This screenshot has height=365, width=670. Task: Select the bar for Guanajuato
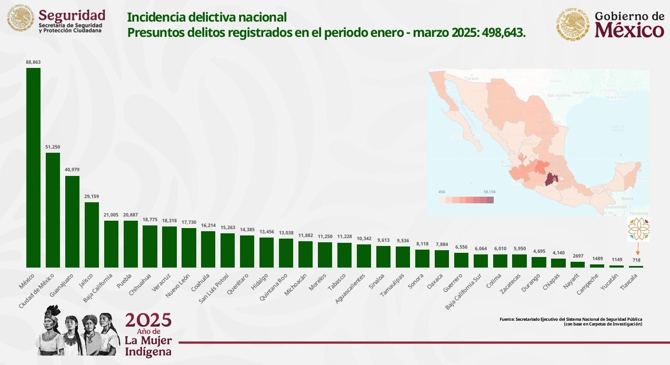[x=72, y=221]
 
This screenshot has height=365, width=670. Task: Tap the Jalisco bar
[x=92, y=234]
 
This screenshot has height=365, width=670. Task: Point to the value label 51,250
[x=53, y=147]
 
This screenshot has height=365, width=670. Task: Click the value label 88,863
[x=33, y=62]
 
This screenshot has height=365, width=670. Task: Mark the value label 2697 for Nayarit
[x=578, y=257]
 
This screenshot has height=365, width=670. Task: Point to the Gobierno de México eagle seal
[x=573, y=24]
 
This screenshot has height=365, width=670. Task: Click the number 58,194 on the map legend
[x=488, y=192]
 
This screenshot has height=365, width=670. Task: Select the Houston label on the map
[x=581, y=92]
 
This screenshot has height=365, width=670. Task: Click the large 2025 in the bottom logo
[x=148, y=320]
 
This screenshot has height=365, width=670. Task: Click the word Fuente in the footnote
[x=506, y=319]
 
